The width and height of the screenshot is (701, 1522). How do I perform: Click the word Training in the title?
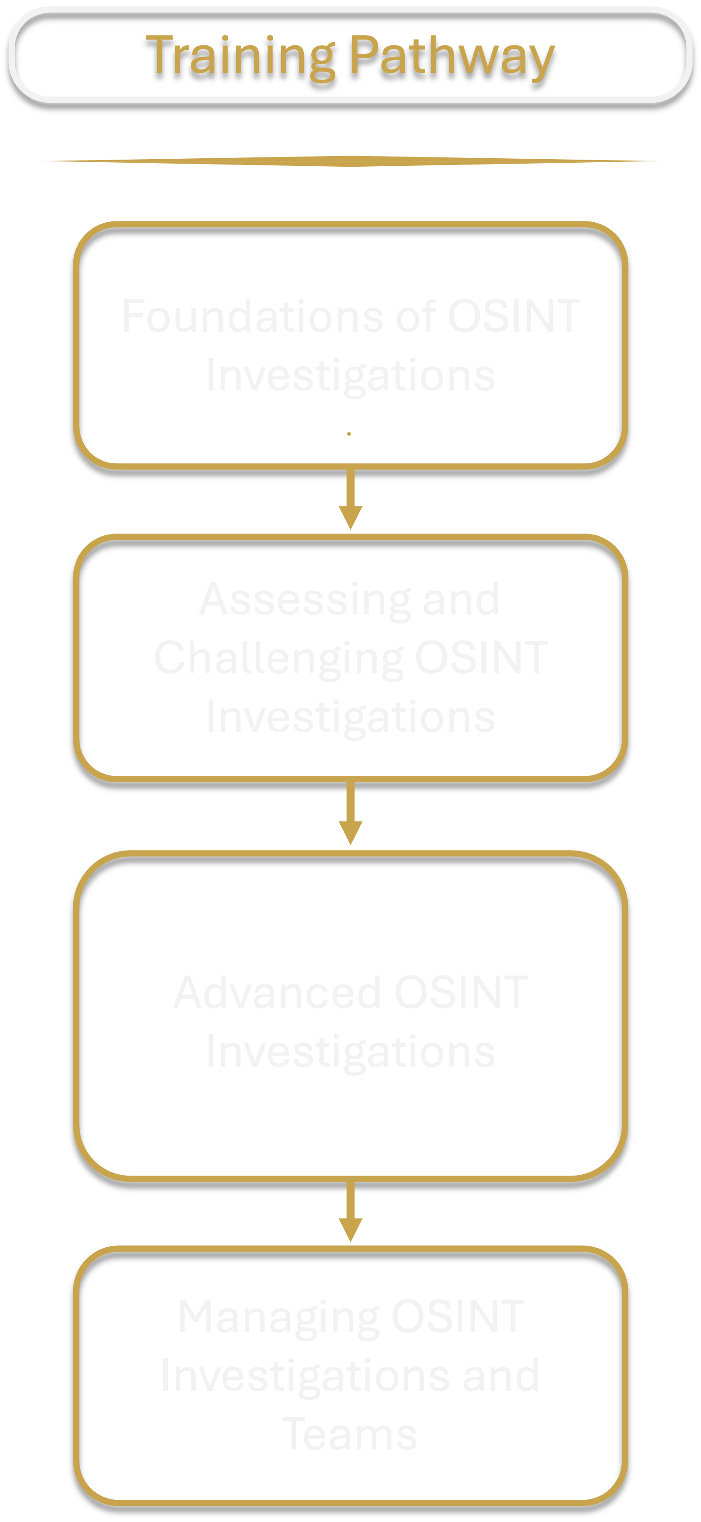coord(239,56)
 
